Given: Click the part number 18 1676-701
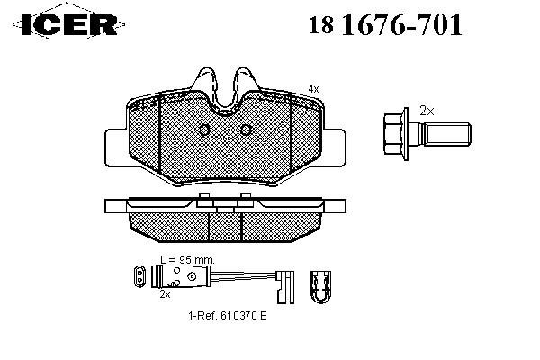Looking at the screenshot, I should click(387, 24).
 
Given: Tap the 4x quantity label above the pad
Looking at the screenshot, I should click(312, 87).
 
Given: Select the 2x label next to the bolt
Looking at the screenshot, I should click(427, 111).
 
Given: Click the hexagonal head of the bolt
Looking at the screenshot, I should click(395, 134).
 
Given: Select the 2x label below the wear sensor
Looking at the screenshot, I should click(165, 293).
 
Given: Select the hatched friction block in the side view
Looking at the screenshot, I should click(225, 225).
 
